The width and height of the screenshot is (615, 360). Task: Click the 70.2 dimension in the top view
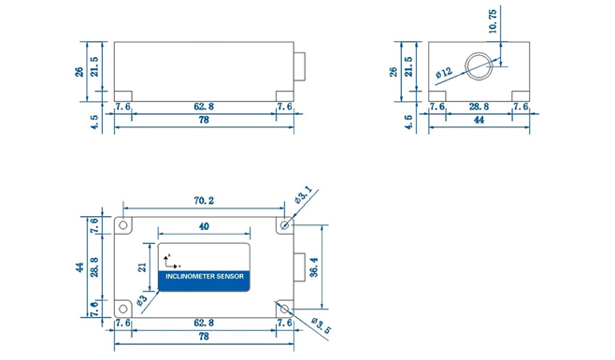[x=204, y=201]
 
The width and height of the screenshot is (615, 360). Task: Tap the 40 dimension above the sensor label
[x=204, y=226]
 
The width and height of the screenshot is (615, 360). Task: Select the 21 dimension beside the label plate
[x=142, y=267]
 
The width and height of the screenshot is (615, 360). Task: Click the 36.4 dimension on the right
[x=314, y=267]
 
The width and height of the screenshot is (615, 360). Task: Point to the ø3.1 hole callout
[x=303, y=195]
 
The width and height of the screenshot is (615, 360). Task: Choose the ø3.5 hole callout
[x=322, y=325]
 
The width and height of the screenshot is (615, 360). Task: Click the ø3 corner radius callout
[x=142, y=300]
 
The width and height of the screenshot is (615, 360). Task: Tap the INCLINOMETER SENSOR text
[x=205, y=277]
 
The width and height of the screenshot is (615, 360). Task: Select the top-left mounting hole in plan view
[x=123, y=225]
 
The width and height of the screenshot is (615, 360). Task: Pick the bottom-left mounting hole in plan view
[x=123, y=309]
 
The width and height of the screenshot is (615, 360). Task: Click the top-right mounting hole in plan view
[x=285, y=225]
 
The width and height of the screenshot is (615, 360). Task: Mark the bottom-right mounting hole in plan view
[x=285, y=309]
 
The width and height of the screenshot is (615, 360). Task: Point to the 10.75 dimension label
[x=493, y=22]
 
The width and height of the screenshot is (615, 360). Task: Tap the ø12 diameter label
[x=444, y=73]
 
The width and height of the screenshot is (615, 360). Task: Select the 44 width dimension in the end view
[x=479, y=120]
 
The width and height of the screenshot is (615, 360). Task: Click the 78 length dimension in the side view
[x=204, y=120]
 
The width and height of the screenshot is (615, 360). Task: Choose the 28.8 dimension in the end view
[x=479, y=107]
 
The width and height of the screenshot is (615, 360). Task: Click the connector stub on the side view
[x=300, y=66]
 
